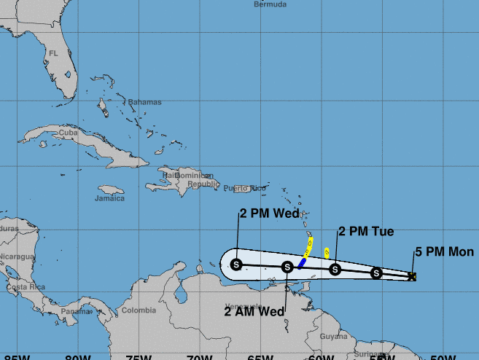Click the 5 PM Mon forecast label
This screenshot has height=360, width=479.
coord(445,252)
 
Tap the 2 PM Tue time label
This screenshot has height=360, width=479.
coord(366,232)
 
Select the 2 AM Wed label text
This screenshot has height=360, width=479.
coord(254,311)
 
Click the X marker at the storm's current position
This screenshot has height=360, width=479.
coord(413,276)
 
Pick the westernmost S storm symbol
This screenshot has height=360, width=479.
coord(235,265)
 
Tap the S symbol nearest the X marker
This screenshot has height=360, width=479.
coord(376,273)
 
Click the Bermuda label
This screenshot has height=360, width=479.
coord(270,4)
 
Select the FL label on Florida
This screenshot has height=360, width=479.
coord(53,53)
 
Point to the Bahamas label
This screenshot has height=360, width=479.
coord(144,102)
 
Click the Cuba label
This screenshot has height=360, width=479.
coord(68,133)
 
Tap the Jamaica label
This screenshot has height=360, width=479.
coord(109,197)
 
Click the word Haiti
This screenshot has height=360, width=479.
coord(171,175)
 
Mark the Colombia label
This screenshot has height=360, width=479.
coord(139,310)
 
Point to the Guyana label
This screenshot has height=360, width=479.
coord(334,336)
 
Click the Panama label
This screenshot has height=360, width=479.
coord(73,311)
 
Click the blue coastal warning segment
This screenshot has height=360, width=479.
coord(302,262)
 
